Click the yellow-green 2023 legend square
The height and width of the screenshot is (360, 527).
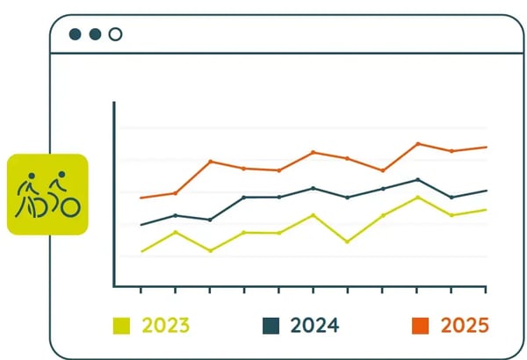pyautogui.click(x=121, y=326)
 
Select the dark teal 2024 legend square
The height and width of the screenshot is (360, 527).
pyautogui.click(x=271, y=326)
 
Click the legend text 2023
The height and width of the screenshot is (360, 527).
pyautogui.click(x=164, y=326)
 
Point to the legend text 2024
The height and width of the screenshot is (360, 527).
pyautogui.click(x=314, y=326)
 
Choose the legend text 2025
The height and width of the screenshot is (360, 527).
pyautogui.click(x=465, y=326)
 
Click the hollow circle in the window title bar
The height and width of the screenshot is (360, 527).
pyautogui.click(x=115, y=34)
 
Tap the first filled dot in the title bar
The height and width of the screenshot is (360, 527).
pyautogui.click(x=76, y=34)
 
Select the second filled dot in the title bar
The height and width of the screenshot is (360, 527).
pyautogui.click(x=95, y=34)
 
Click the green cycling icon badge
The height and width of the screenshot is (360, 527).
pyautogui.click(x=47, y=195)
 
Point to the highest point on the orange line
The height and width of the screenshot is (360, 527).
pyautogui.click(x=418, y=143)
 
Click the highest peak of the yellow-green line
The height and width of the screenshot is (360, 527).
pyautogui.click(x=418, y=197)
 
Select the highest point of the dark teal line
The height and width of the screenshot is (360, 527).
pyautogui.click(x=418, y=179)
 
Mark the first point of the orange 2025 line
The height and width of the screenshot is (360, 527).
pyautogui.click(x=141, y=198)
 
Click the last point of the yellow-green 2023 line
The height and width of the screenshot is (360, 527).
pyautogui.click(x=486, y=210)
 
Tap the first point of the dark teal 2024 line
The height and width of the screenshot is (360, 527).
pyautogui.click(x=141, y=225)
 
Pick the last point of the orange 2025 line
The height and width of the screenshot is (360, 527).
pyautogui.click(x=486, y=147)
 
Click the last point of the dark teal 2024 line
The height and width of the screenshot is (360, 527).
pyautogui.click(x=486, y=191)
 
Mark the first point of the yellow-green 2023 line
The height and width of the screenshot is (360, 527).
pyautogui.click(x=141, y=251)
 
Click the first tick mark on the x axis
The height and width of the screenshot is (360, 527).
pyautogui.click(x=141, y=291)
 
